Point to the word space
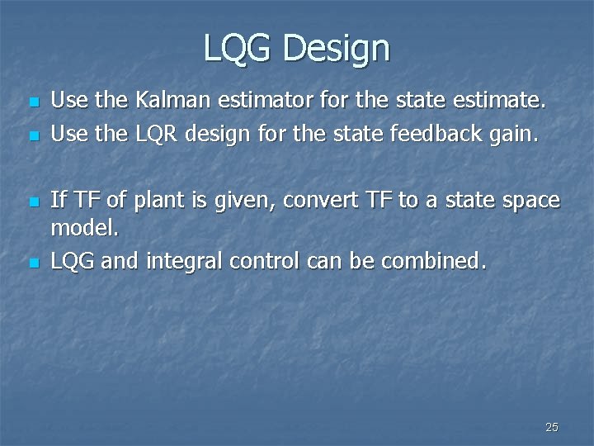[531, 200]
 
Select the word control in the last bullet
[265, 262]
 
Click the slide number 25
[552, 427]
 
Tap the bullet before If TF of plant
[32, 202]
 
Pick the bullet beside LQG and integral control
[32, 263]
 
